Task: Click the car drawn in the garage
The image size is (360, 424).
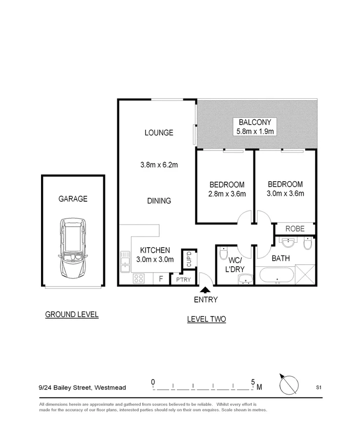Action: click(73, 248)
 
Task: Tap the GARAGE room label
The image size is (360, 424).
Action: click(73, 199)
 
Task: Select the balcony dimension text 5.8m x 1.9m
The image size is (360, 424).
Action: click(255, 131)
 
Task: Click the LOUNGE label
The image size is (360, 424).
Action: click(159, 132)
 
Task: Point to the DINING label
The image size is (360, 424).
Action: click(159, 201)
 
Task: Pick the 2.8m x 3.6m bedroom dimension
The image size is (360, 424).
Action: click(227, 194)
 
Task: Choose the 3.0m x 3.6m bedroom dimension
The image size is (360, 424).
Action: click(285, 193)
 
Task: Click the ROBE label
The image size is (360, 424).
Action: click(295, 229)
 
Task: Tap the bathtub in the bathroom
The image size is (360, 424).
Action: click(276, 276)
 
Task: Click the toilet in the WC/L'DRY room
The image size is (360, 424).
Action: click(224, 253)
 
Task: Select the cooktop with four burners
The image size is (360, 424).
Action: click(139, 278)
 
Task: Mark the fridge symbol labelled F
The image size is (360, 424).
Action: click(161, 279)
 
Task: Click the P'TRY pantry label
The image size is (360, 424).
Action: click(183, 279)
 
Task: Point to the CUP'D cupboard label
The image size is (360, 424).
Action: click(189, 259)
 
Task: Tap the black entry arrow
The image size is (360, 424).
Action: click(205, 290)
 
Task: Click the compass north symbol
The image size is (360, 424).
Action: click(289, 384)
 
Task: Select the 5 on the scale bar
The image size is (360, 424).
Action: click(253, 382)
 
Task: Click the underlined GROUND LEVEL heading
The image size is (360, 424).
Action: click(72, 315)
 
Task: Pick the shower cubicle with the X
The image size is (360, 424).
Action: click(305, 275)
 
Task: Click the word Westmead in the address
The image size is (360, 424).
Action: click(110, 387)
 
